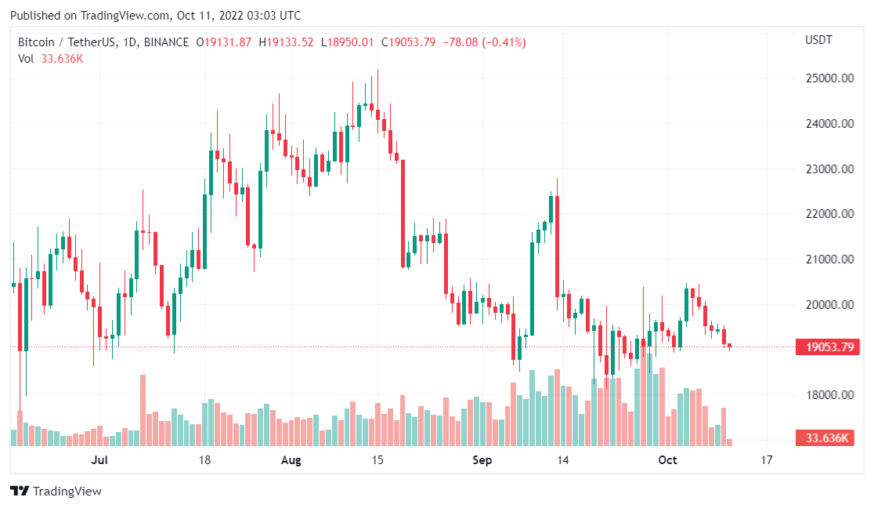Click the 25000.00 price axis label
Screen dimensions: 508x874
tap(829, 78)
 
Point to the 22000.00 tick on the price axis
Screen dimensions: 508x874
tap(829, 214)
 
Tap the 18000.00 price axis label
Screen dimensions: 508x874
tap(829, 395)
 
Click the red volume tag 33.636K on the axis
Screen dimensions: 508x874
tap(825, 438)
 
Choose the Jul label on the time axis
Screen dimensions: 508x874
tap(99, 460)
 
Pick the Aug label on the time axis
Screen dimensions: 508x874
tap(291, 460)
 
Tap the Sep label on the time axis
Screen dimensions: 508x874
tap(482, 460)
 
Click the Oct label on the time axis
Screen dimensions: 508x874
tap(667, 460)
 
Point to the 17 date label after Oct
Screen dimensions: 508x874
tap(766, 460)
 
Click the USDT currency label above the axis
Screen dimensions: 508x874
tap(819, 40)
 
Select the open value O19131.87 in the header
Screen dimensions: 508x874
tap(224, 42)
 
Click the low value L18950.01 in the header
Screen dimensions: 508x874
tap(347, 42)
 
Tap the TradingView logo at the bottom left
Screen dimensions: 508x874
tap(56, 492)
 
